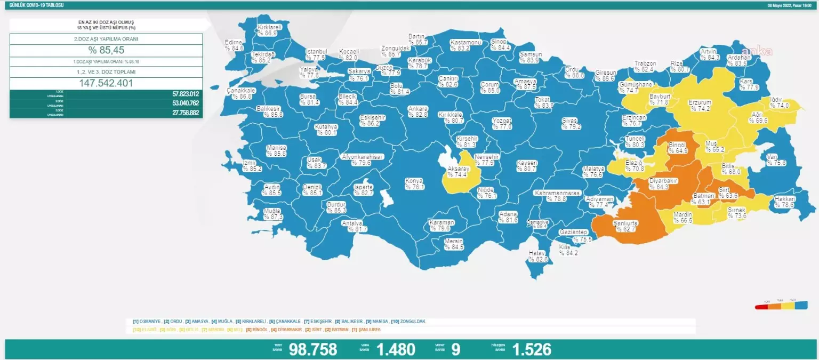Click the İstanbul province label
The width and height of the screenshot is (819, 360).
(x=315, y=54)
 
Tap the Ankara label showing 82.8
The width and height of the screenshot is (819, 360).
(x=417, y=111)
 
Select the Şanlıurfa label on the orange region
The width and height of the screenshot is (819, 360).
(x=626, y=226)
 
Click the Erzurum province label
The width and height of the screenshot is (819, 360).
(x=701, y=105)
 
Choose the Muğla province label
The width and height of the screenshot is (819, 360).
(x=272, y=214)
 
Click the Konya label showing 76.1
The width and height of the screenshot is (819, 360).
(x=414, y=184)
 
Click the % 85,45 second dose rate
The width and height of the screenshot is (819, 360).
(x=106, y=51)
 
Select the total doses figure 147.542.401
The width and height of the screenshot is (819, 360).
(x=106, y=83)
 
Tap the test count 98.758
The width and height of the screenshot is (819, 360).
(x=313, y=349)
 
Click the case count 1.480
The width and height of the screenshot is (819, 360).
(x=396, y=349)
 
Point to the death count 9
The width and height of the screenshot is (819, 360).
(x=455, y=349)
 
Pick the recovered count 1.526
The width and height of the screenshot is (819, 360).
(x=532, y=349)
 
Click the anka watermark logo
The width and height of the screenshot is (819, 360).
(x=757, y=51)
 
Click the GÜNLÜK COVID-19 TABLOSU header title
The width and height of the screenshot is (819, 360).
(x=33, y=5)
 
